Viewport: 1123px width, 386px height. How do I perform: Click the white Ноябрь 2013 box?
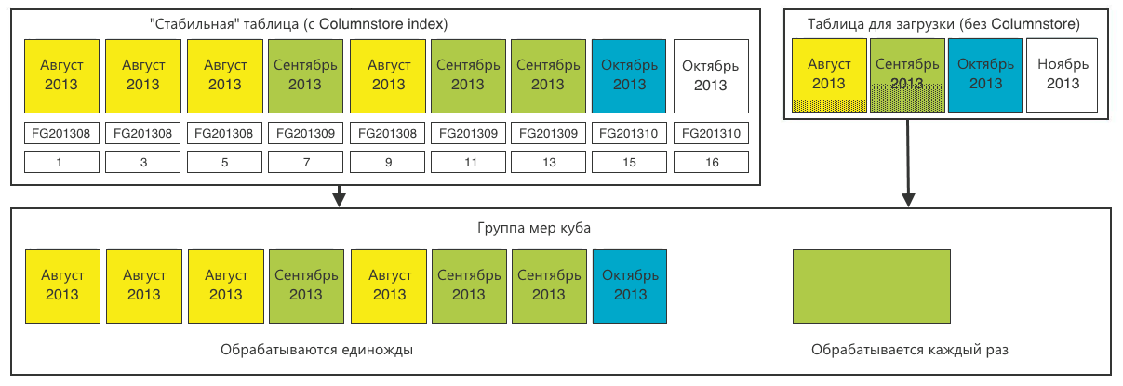pyautogui.click(x=1062, y=75)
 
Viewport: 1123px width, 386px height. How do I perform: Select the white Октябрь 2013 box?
pyautogui.click(x=711, y=76)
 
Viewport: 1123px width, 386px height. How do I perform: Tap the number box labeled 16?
pyautogui.click(x=711, y=162)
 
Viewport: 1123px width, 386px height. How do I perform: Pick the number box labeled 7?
pyautogui.click(x=306, y=162)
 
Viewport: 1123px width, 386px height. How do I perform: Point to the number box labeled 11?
pyautogui.click(x=468, y=162)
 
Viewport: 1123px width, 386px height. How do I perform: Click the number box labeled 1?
pyautogui.click(x=61, y=162)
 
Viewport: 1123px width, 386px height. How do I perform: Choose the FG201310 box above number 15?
pyautogui.click(x=629, y=133)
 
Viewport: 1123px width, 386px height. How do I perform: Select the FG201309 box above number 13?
pyautogui.click(x=548, y=133)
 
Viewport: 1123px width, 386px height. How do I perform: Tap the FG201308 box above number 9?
pyautogui.click(x=388, y=133)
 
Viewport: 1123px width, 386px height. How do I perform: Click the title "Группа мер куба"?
pyautogui.click(x=534, y=228)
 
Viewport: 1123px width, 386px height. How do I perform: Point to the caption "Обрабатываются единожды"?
pyautogui.click(x=317, y=350)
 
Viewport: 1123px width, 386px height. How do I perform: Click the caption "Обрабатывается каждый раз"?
pyautogui.click(x=909, y=350)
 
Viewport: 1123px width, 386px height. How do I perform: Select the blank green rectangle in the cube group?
pyautogui.click(x=872, y=286)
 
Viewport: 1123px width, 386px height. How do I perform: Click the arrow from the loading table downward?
pyautogui.click(x=908, y=163)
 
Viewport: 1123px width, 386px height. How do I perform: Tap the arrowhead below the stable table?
pyautogui.click(x=339, y=200)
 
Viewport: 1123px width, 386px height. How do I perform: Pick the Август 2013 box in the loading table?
pyautogui.click(x=829, y=75)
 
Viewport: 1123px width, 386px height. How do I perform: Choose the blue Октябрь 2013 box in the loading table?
pyautogui.click(x=985, y=75)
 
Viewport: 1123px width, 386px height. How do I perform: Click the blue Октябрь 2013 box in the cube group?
pyautogui.click(x=630, y=286)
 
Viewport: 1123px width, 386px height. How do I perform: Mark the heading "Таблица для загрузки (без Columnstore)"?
pyautogui.click(x=943, y=24)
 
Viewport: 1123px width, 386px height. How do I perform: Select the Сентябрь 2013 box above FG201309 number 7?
pyautogui.click(x=306, y=76)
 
